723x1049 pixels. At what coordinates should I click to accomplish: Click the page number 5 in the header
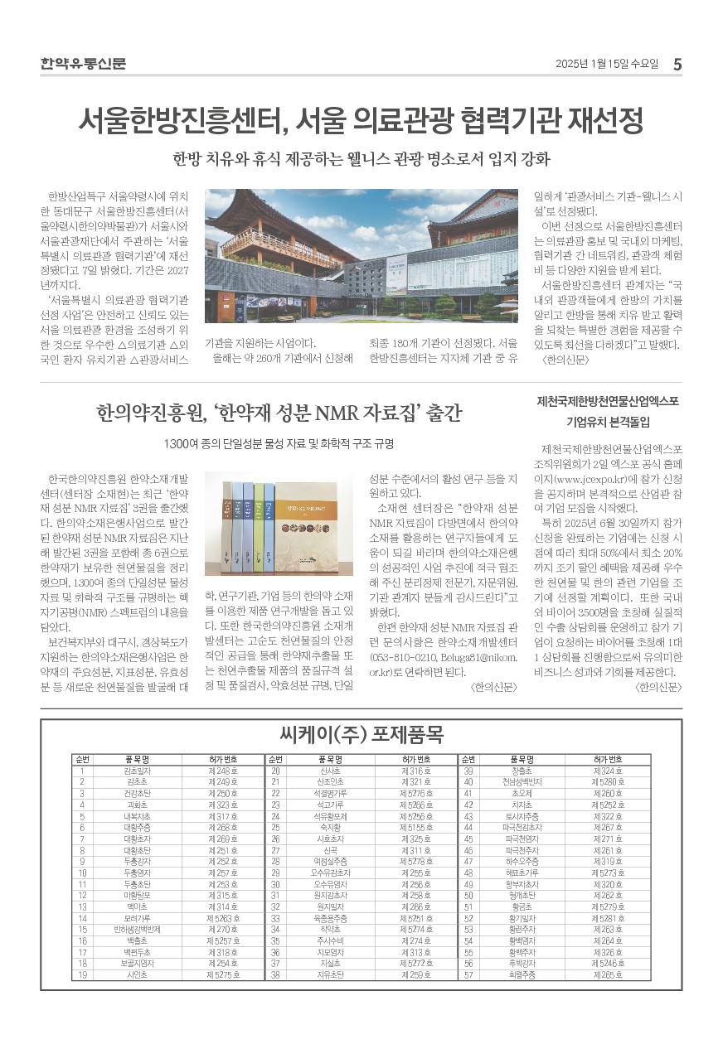click(x=677, y=64)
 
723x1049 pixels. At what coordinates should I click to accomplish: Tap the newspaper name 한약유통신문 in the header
click(x=83, y=64)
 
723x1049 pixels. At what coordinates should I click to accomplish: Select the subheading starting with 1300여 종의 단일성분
click(x=279, y=444)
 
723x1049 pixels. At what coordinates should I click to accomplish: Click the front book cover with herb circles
click(x=319, y=523)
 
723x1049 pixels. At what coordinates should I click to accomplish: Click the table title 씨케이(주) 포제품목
click(x=361, y=734)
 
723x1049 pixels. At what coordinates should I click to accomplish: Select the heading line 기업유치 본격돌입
click(x=608, y=422)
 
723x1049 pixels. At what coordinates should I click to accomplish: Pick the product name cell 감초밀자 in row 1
click(x=137, y=771)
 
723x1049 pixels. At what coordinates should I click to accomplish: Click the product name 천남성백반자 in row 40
click(x=522, y=781)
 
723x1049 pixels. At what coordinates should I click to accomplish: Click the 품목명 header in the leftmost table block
click(x=137, y=759)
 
